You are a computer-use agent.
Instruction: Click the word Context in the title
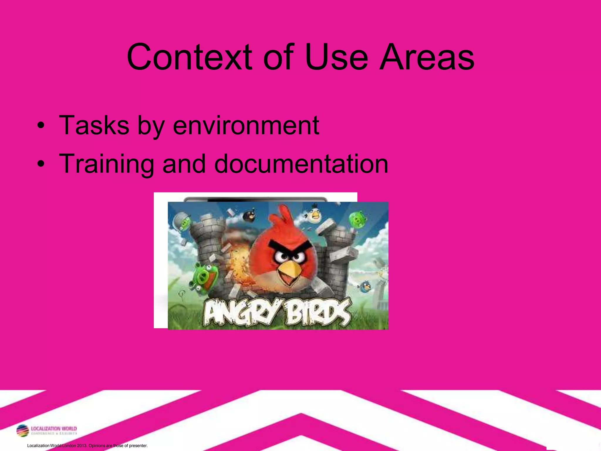click(189, 57)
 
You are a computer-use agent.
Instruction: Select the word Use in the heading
click(336, 57)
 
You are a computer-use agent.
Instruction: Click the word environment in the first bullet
click(246, 126)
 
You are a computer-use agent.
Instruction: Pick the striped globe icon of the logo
click(23, 431)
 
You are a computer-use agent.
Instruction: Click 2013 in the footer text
click(82, 446)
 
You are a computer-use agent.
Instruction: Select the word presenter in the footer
click(138, 446)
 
